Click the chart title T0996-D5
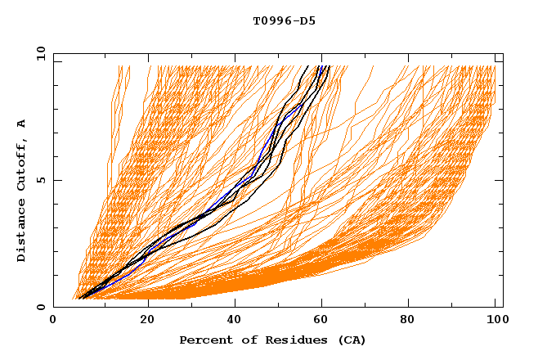pyautogui.click(x=284, y=21)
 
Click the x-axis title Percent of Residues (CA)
pyautogui.click(x=272, y=340)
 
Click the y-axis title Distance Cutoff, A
pyautogui.click(x=21, y=190)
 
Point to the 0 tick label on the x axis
pyautogui.click(x=53, y=320)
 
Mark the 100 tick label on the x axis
pyautogui.click(x=495, y=320)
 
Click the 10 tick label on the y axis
pyautogui.click(x=40, y=54)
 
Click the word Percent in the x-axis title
pyautogui.click(x=203, y=340)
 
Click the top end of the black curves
pyautogui.click(x=323, y=67)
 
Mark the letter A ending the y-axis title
pyautogui.click(x=21, y=123)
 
